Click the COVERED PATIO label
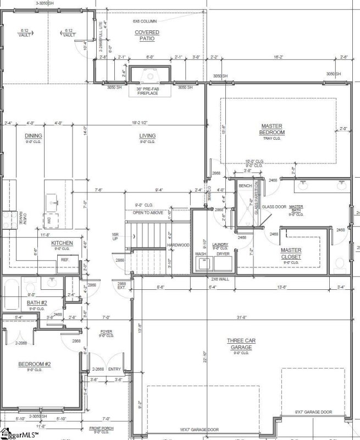coord(147,35)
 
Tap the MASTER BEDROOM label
coord(272,129)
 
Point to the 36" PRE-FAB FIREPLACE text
coord(147,90)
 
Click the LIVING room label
coord(147,136)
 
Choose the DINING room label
coord(34,136)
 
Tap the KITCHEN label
coord(63,243)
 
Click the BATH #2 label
coord(37,302)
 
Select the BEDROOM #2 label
coord(35,364)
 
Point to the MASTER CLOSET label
coord(291,254)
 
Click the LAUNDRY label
coord(220,244)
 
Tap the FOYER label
coord(106,332)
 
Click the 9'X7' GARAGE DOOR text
coord(313,411)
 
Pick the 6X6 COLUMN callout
coord(145,21)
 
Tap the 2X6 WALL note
coord(220,279)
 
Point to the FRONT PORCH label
coord(101,428)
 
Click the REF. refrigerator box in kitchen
coord(65,260)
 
